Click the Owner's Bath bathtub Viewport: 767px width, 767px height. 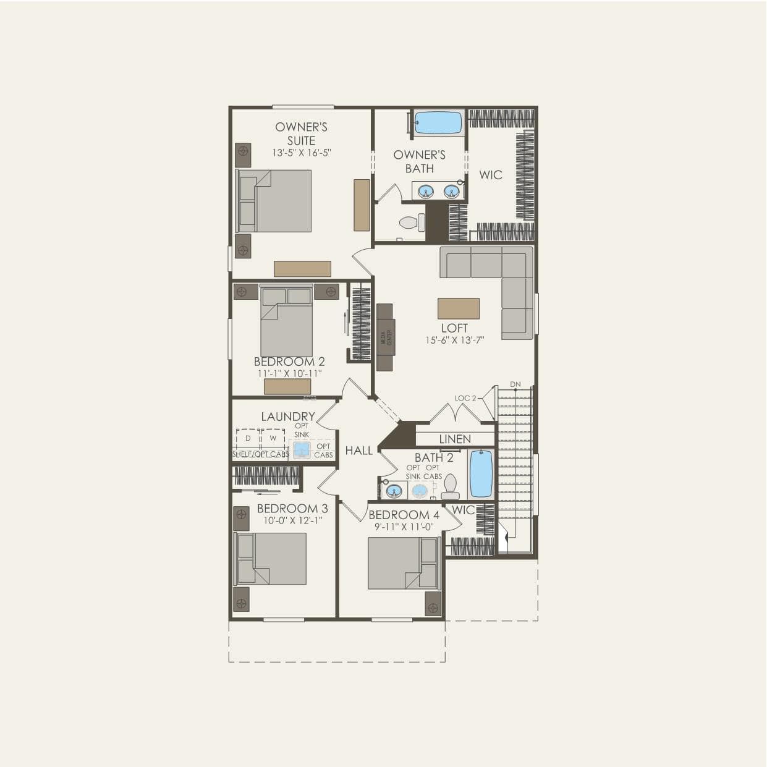pos(438,122)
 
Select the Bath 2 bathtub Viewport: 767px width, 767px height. pos(481,473)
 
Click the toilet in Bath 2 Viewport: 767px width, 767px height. pos(451,486)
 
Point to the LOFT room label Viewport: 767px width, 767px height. pos(454,328)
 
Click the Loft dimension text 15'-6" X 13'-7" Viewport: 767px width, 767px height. pos(454,340)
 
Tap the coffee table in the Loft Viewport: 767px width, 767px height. pos(458,308)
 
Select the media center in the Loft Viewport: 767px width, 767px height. pos(384,337)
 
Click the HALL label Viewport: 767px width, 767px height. pos(358,451)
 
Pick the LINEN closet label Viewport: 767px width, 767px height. pos(455,439)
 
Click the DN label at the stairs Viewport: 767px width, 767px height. pos(515,384)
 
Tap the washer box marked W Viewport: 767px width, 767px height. pos(273,438)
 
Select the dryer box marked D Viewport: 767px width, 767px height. pos(248,438)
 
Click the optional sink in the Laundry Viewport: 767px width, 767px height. pos(302,449)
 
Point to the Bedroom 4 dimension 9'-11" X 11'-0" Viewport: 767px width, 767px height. pos(404,527)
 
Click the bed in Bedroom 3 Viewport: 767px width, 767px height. pos(272,558)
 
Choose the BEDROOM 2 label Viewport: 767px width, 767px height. pos(289,362)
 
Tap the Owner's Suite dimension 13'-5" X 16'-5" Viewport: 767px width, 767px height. pos(302,152)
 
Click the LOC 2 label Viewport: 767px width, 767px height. pos(465,398)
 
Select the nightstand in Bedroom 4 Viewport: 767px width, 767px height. pos(433,603)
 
